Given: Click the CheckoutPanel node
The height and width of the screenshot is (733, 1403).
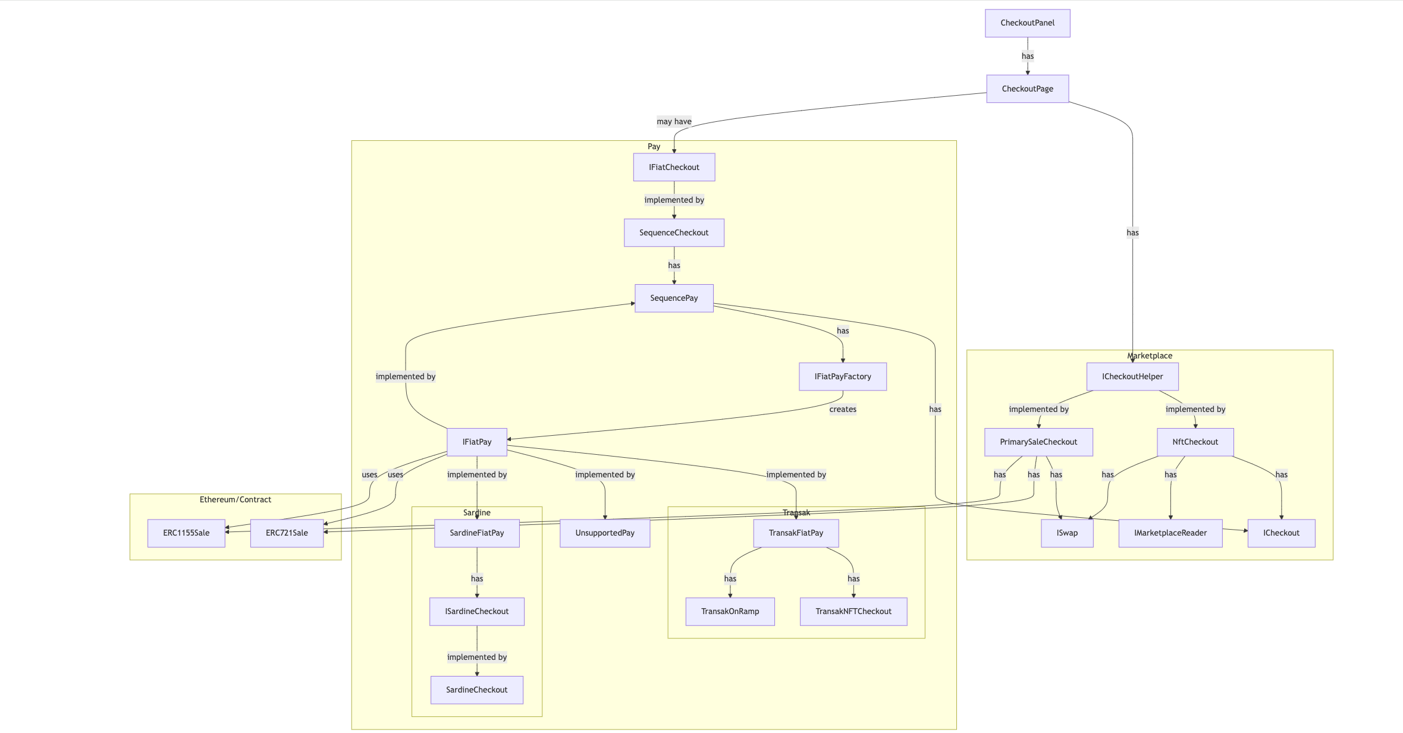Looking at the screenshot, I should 1027,23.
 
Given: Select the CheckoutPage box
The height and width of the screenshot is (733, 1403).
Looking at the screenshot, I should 1027,89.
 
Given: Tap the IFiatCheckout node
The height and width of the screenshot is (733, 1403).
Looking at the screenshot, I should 674,167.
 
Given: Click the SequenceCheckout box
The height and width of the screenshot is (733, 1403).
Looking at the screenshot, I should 674,232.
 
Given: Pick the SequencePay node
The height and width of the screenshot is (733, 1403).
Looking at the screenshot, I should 674,298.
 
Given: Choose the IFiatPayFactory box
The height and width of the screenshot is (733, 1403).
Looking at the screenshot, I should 842,376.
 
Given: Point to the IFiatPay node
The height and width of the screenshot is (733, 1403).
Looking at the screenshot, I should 476,442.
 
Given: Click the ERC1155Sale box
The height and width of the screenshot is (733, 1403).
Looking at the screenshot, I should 186,533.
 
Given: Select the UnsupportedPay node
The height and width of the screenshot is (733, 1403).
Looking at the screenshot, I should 604,533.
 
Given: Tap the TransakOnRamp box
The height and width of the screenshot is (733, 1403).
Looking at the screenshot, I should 730,611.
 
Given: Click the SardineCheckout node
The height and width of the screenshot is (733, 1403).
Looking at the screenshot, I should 476,690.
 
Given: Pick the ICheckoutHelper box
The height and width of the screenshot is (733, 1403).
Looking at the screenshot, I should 1132,376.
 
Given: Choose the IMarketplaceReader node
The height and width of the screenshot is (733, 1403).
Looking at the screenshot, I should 1170,533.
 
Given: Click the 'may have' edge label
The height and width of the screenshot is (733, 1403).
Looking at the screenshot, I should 674,121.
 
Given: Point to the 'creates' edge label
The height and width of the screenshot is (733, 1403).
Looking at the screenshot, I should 842,409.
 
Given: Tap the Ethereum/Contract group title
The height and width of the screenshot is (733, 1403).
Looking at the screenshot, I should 235,499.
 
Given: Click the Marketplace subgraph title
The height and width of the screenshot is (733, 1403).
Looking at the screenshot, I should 1149,356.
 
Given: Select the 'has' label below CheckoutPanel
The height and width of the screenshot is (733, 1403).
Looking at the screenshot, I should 1027,56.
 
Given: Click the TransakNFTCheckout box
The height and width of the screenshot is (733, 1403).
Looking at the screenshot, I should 853,611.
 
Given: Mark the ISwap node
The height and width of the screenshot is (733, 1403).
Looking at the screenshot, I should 1066,533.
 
